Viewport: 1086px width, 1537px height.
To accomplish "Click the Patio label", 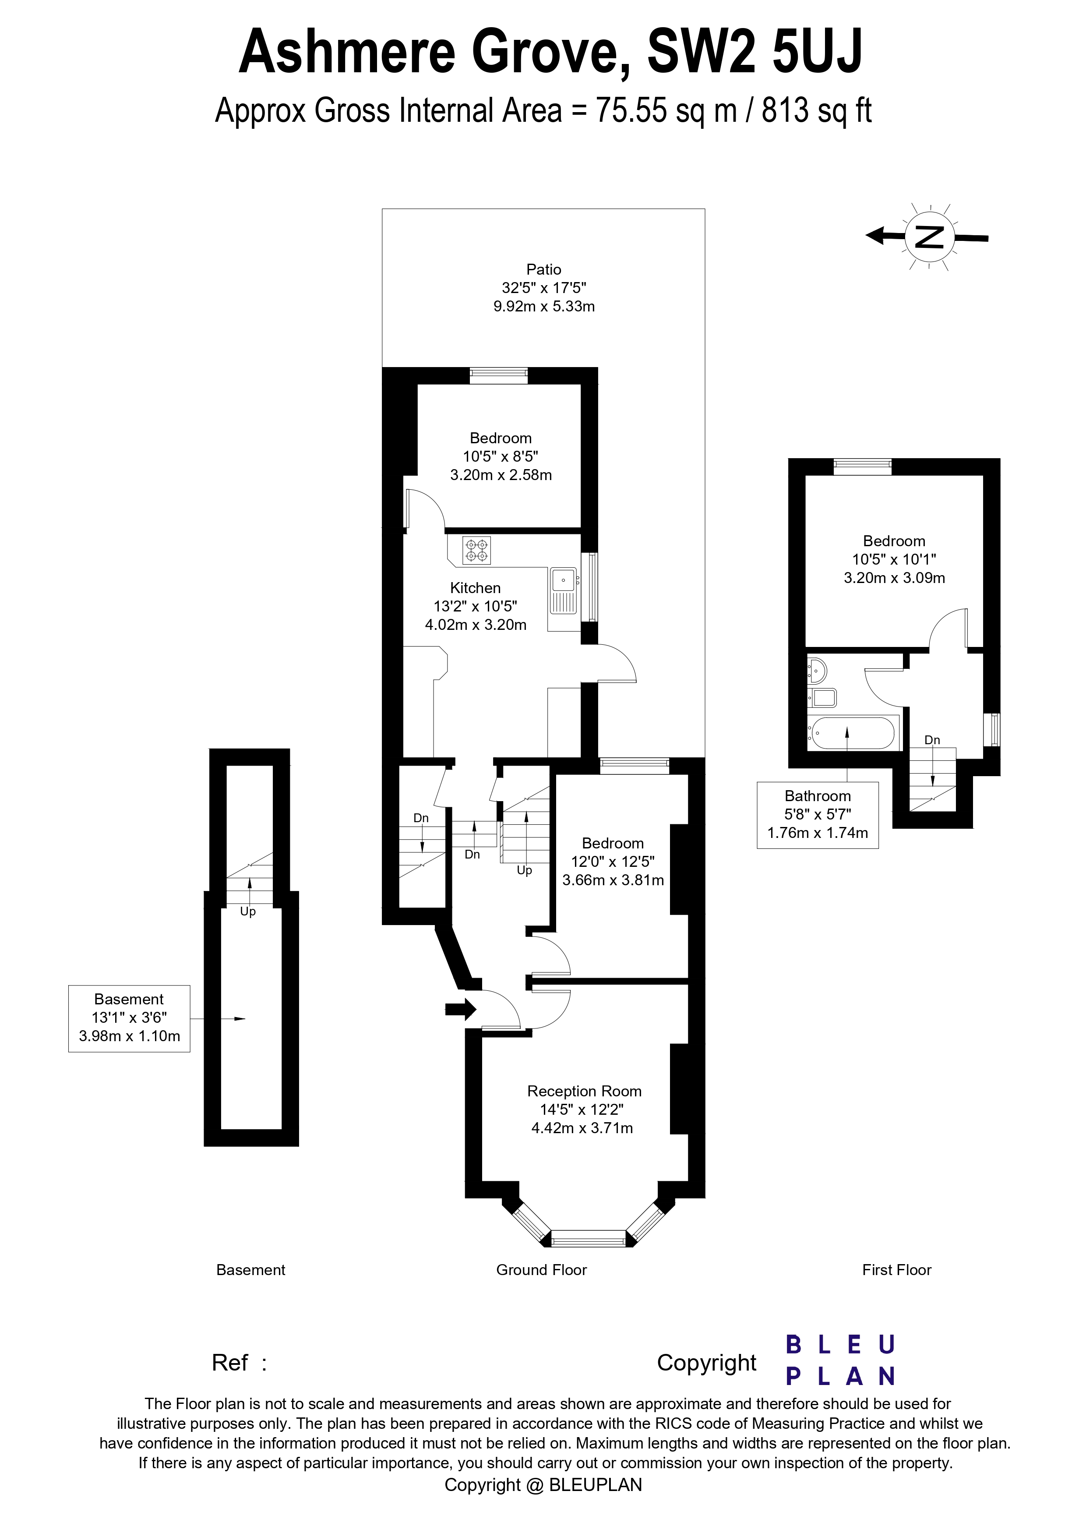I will [x=543, y=269].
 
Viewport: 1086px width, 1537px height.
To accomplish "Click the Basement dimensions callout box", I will [x=129, y=1018].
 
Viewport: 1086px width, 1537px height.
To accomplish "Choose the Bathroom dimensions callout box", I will [x=817, y=815].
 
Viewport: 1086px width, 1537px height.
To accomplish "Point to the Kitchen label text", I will [x=475, y=588].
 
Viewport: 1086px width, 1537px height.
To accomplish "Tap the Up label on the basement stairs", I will [x=247, y=912].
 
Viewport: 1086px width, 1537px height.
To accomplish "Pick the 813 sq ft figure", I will [x=816, y=110].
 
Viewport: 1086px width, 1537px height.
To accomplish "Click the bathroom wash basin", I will [x=818, y=669].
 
